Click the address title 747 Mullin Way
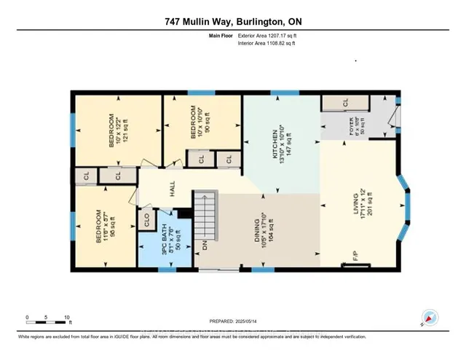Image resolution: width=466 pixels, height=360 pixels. (x=233, y=20)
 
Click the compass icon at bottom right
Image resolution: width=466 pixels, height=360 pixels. (x=428, y=317)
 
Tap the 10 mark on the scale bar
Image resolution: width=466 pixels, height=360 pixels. (x=67, y=318)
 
